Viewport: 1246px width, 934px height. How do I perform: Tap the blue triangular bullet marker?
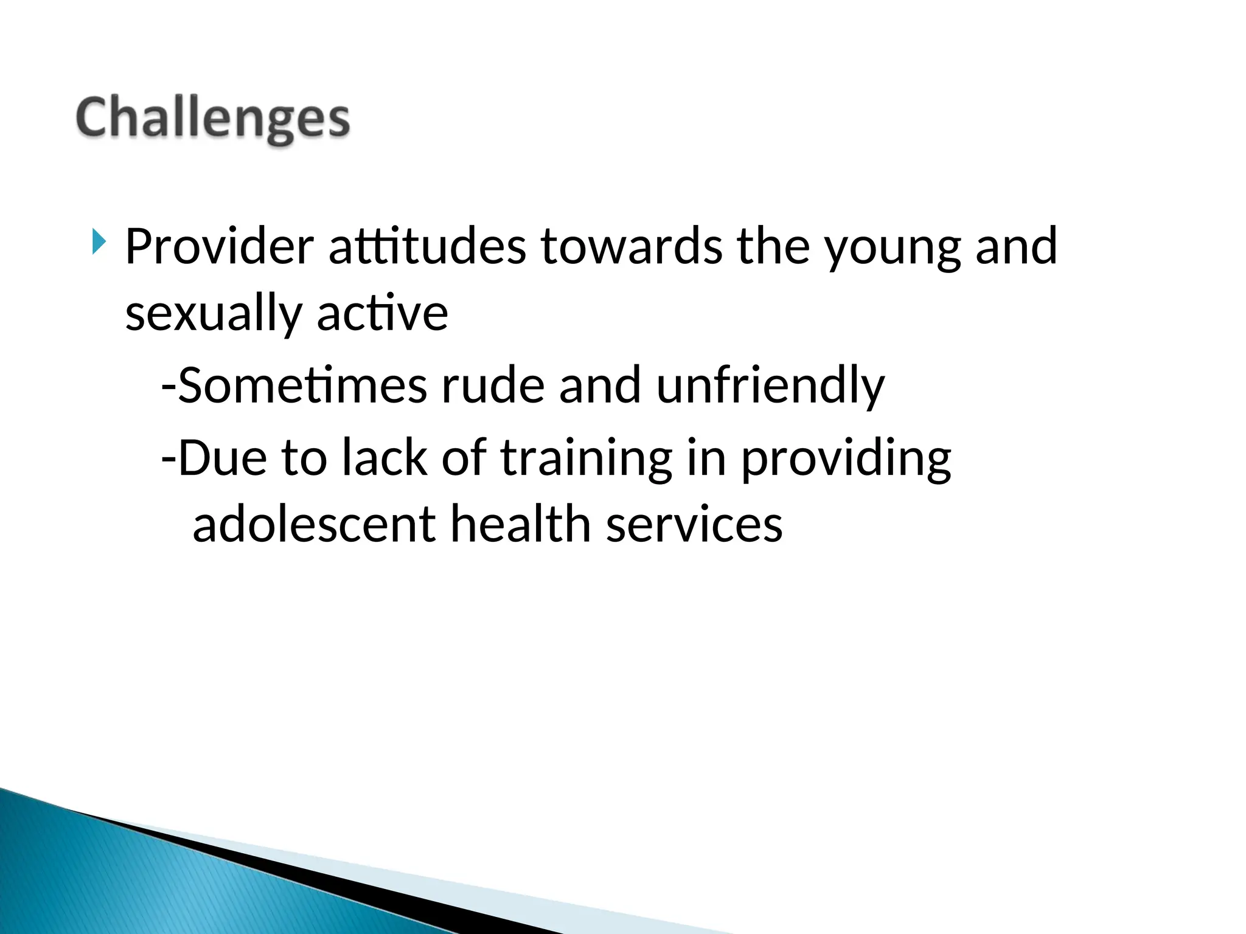pos(99,242)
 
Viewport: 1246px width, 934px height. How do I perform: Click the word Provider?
pos(219,246)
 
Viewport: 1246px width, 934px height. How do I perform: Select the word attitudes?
pos(427,246)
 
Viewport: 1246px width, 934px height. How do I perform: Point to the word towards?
pos(632,246)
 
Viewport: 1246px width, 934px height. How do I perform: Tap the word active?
pos(382,313)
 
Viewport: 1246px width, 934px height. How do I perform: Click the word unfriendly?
pos(770,387)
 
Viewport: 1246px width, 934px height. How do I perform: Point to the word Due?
pos(222,457)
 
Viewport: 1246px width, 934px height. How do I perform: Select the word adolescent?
pos(314,524)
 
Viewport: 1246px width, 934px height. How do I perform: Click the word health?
pos(520,524)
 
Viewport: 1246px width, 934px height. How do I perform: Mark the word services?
pos(694,525)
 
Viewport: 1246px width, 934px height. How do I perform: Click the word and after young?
pos(1016,246)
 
